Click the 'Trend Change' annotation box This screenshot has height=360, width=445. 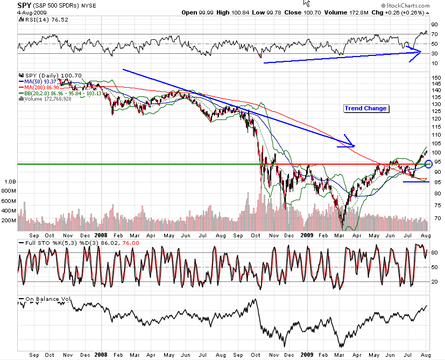(366, 108)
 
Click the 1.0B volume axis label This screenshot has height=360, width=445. (10, 182)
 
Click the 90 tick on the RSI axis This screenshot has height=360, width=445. (434, 25)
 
